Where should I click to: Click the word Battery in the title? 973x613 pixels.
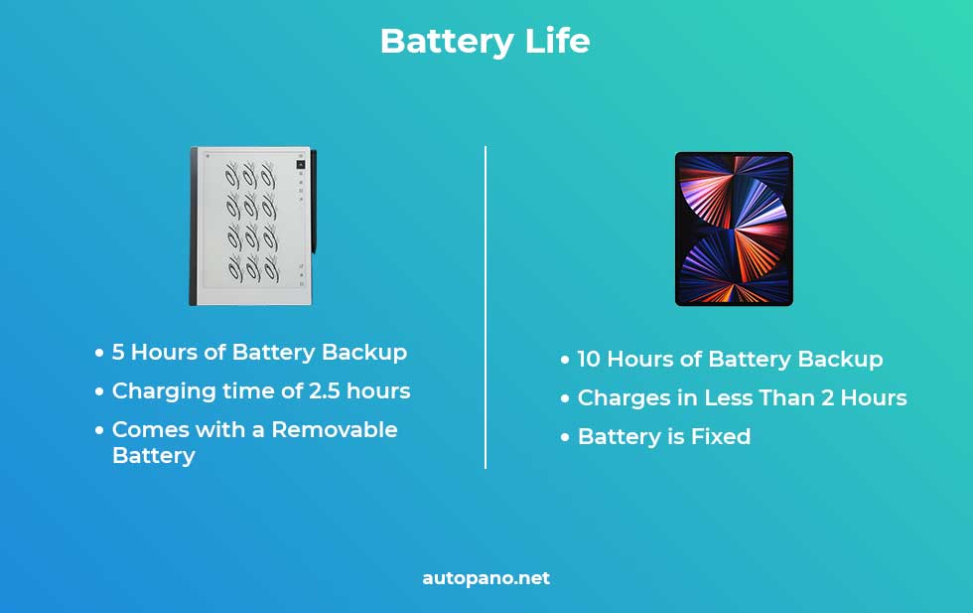click(x=447, y=43)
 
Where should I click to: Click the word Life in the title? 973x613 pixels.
click(x=557, y=41)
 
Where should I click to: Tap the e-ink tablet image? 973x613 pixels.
click(x=252, y=227)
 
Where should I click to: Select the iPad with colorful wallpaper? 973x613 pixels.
click(x=734, y=230)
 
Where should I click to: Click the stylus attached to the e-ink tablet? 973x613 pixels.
click(x=314, y=202)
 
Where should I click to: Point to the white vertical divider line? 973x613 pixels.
click(x=486, y=307)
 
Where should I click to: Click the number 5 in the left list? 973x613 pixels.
click(x=118, y=352)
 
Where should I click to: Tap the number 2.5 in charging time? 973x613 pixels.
click(x=325, y=390)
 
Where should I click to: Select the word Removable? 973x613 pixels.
click(x=335, y=429)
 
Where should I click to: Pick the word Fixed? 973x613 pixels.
click(x=721, y=436)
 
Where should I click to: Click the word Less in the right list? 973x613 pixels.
click(x=729, y=397)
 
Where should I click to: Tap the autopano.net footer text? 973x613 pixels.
click(x=486, y=578)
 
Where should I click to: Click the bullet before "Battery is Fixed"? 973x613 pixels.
click(x=565, y=437)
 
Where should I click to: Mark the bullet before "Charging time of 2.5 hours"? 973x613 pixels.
click(x=99, y=391)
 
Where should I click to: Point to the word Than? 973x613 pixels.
click(x=786, y=397)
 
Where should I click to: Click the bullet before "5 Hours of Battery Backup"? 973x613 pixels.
click(x=99, y=354)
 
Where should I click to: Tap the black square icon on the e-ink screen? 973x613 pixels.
click(x=300, y=165)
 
